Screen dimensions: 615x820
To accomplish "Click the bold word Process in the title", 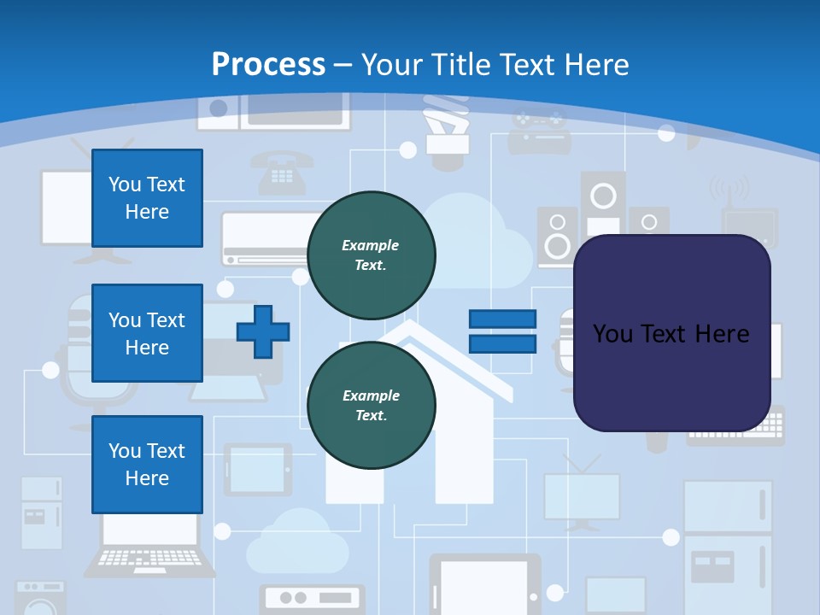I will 268,64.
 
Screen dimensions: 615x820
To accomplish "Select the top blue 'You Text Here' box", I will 147,198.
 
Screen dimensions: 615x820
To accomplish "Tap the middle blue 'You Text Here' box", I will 147,333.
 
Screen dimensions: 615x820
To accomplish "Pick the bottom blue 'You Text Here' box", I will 147,465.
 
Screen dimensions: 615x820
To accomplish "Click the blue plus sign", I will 263,331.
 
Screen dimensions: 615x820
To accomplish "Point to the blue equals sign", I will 502,331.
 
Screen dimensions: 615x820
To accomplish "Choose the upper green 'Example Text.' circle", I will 371,255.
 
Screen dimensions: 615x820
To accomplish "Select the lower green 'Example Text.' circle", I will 371,405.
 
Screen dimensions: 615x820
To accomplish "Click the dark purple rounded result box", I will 671,332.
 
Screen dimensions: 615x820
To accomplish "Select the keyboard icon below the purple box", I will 736,427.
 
